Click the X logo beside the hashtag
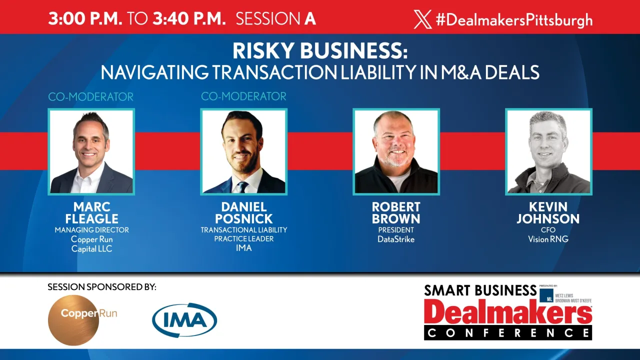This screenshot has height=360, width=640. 422,19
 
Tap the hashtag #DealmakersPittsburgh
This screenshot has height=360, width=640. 514,20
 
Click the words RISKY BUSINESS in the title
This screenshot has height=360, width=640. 320,51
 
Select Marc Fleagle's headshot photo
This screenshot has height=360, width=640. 91,151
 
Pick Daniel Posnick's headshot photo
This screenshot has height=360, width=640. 243,151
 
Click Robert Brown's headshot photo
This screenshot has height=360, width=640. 396,151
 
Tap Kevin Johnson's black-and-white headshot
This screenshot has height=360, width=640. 548,151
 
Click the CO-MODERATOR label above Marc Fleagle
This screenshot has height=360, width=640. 91,97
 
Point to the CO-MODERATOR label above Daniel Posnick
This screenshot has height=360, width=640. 243,96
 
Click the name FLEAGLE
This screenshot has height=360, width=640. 91,219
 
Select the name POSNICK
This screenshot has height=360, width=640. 243,219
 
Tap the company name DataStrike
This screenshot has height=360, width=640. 396,239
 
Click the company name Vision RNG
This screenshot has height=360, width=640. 548,239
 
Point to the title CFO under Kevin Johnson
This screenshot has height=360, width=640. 548,230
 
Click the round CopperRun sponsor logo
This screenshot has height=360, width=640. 73,320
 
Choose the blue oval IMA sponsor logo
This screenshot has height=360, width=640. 184,320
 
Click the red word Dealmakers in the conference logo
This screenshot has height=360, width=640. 508,313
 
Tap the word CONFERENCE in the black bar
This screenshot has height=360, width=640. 508,332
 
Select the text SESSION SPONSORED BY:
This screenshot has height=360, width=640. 102,287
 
